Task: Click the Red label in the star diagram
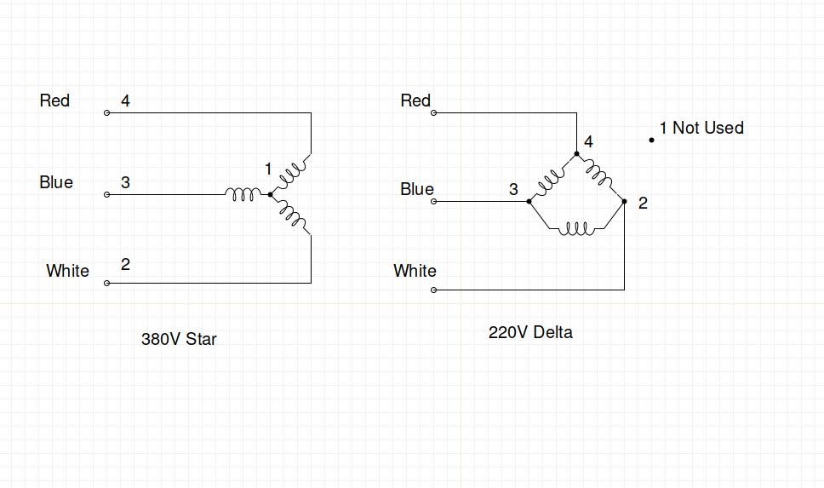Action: click(54, 100)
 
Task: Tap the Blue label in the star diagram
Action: click(56, 182)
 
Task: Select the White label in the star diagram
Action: click(68, 271)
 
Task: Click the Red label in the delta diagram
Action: click(415, 100)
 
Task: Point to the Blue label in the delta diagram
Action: click(417, 189)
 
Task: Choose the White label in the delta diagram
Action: click(415, 271)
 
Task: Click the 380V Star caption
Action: click(180, 339)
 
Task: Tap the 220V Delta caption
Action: click(531, 332)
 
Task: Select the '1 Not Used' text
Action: click(701, 128)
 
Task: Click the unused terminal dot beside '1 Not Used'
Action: click(652, 140)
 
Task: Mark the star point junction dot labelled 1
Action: click(270, 194)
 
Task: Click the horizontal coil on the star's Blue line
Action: click(243, 194)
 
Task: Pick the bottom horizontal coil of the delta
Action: click(576, 229)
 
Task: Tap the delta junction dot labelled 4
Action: click(576, 153)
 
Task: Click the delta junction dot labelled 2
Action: click(624, 201)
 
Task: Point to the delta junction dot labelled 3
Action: click(529, 201)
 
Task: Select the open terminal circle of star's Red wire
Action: click(106, 113)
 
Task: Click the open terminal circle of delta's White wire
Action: click(433, 290)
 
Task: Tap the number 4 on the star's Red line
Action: click(125, 100)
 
